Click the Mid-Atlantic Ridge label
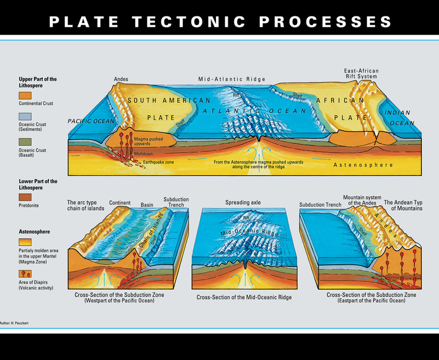[x=232, y=79]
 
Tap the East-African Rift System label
[x=361, y=74]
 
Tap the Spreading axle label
[x=243, y=203]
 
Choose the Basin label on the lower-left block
[x=146, y=205]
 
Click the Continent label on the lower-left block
[x=119, y=203]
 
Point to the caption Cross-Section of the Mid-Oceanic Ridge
[x=243, y=297]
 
